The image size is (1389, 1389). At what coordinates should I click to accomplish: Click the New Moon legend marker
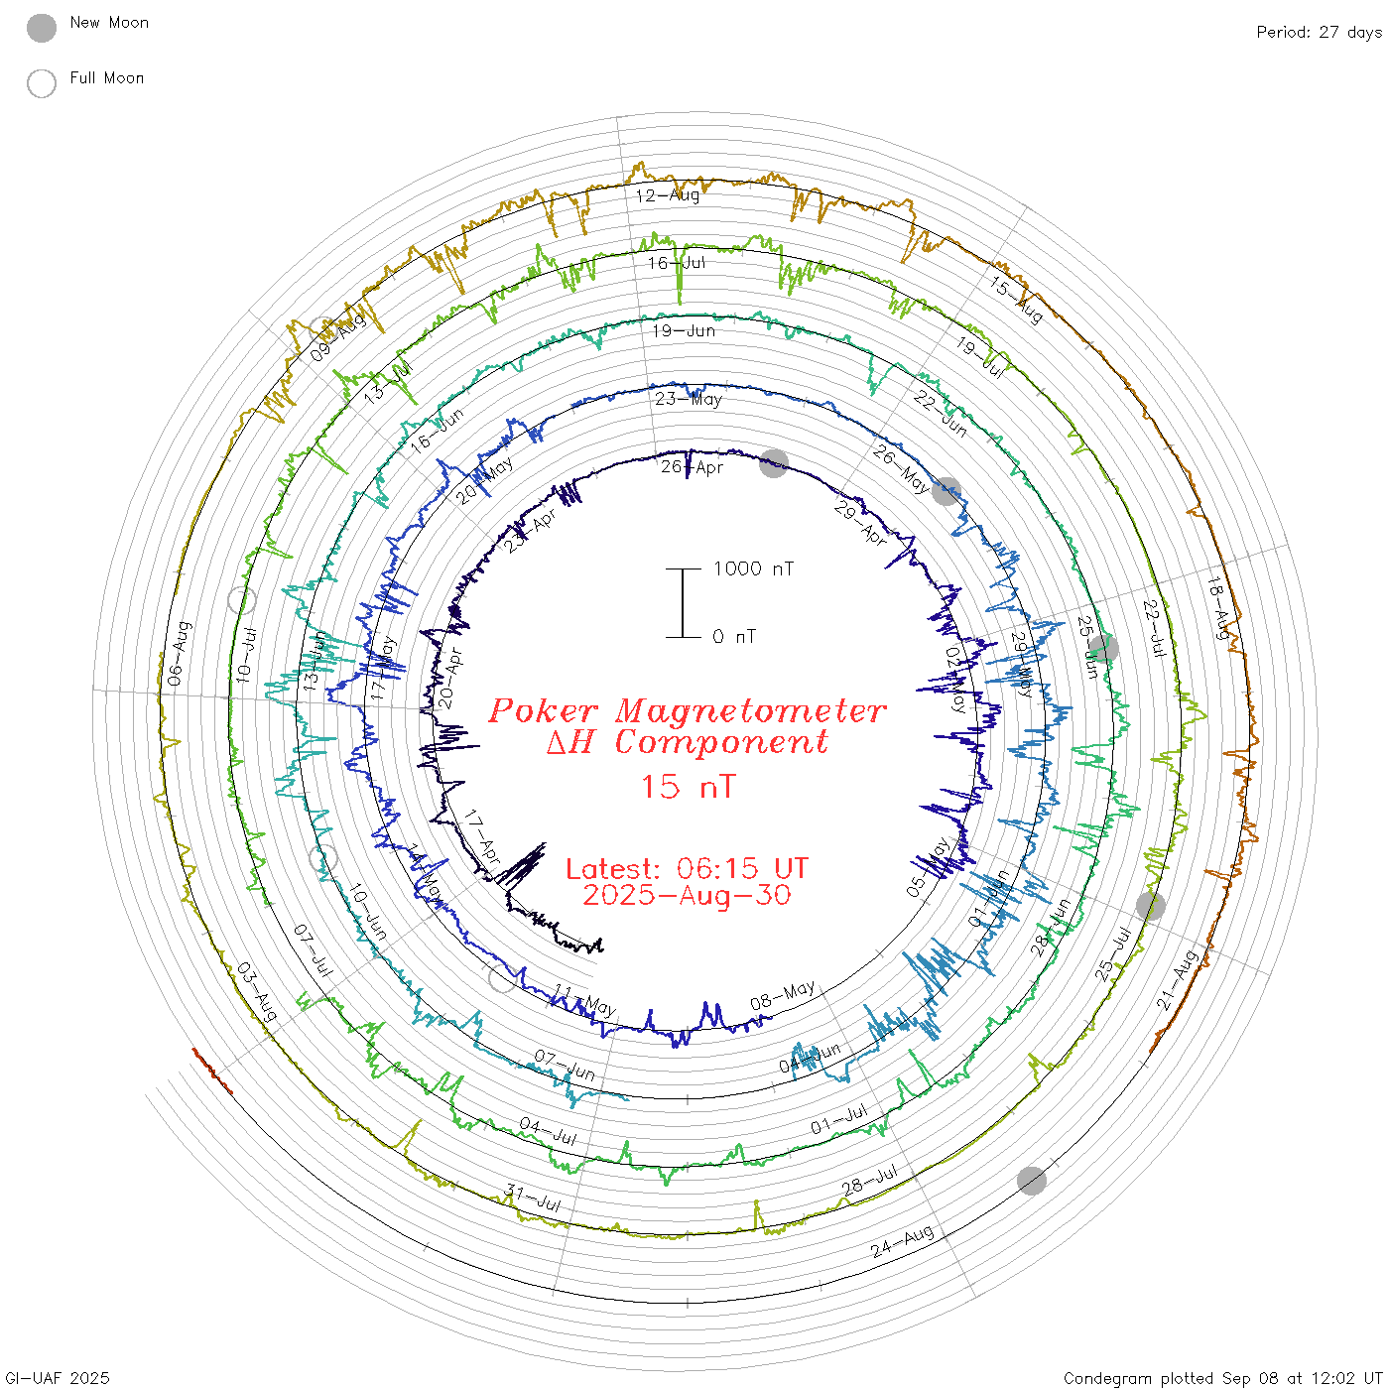pyautogui.click(x=42, y=29)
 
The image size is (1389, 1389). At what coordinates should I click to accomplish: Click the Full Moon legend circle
pyautogui.click(x=42, y=83)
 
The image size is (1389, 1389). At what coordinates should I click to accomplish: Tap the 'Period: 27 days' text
pyautogui.click(x=1319, y=33)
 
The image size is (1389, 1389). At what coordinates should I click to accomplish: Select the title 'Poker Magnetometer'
pyautogui.click(x=687, y=710)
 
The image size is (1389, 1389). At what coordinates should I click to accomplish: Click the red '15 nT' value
pyautogui.click(x=687, y=787)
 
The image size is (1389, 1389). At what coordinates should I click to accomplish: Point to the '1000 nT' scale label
pyautogui.click(x=753, y=568)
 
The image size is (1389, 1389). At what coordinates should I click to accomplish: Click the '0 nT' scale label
pyautogui.click(x=734, y=637)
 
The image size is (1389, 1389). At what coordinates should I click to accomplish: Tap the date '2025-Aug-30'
pyautogui.click(x=687, y=895)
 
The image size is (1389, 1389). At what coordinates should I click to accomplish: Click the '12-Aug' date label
pyautogui.click(x=668, y=195)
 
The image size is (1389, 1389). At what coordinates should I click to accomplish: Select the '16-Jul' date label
pyautogui.click(x=677, y=263)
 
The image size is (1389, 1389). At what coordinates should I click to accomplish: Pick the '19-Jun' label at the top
pyautogui.click(x=684, y=330)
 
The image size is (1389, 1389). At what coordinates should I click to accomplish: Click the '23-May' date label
pyautogui.click(x=689, y=399)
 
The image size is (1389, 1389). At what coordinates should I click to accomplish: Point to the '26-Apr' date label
pyautogui.click(x=693, y=467)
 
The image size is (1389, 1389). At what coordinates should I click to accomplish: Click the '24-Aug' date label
pyautogui.click(x=903, y=1241)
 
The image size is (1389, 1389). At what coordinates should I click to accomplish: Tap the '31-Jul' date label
pyautogui.click(x=533, y=1199)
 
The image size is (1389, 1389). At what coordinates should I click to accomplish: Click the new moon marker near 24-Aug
pyautogui.click(x=1032, y=1181)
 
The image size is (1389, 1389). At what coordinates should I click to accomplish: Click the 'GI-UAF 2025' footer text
pyautogui.click(x=58, y=1378)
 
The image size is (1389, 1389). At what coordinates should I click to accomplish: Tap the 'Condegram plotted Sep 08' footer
pyautogui.click(x=1222, y=1378)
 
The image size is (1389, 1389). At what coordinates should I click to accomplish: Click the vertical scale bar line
pyautogui.click(x=683, y=603)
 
